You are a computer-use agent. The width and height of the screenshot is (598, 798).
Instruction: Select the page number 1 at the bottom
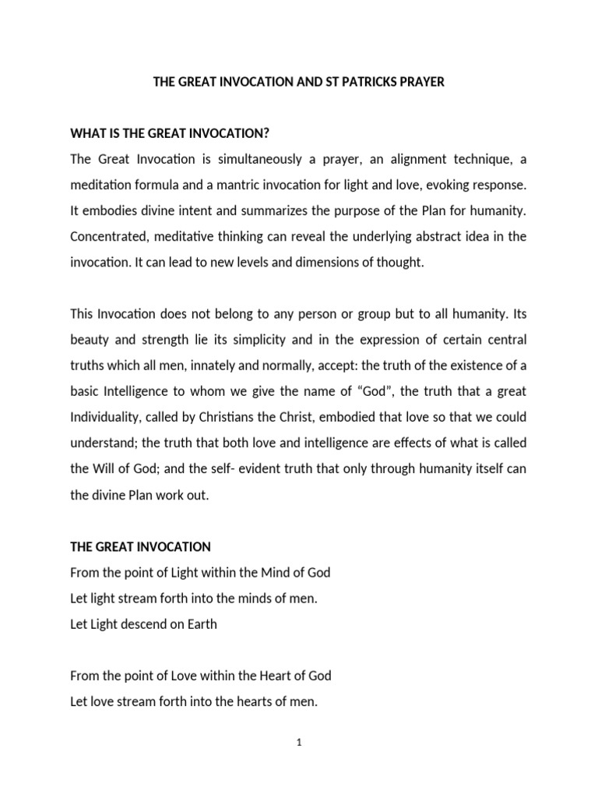coord(299,743)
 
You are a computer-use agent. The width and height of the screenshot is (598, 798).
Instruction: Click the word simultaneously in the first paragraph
coord(237,160)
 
